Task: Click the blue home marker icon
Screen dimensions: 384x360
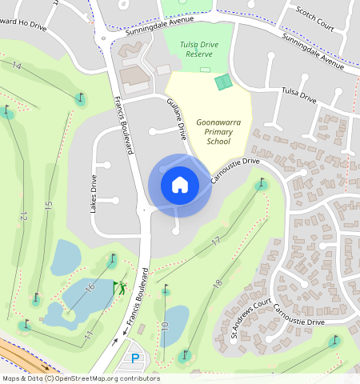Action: pos(179,185)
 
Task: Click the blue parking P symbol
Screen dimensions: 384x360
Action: pos(135,358)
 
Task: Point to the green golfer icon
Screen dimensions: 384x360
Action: pos(120,286)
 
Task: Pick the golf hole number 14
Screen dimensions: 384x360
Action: pos(17,65)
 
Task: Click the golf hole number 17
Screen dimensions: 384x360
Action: pos(215,240)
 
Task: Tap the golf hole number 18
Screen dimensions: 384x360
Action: pos(217,283)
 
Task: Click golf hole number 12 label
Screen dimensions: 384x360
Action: pos(23,217)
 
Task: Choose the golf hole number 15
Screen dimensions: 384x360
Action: pos(49,206)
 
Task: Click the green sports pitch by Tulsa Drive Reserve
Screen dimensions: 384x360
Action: pos(224,81)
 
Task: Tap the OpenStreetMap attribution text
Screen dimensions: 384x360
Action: pos(80,378)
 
